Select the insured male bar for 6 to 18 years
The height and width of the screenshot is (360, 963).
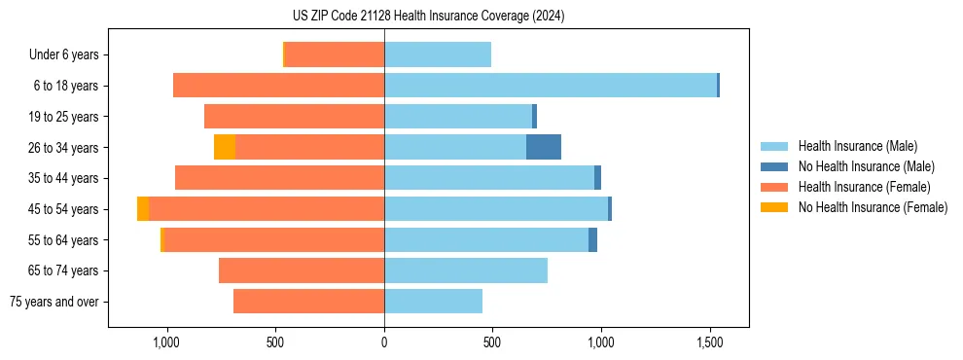tap(551, 86)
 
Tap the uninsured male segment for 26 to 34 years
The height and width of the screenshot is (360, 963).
tap(544, 147)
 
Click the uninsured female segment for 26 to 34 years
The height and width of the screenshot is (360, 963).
tap(225, 147)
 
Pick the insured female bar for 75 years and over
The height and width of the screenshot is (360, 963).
tap(309, 302)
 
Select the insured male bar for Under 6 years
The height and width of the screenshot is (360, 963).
tap(438, 54)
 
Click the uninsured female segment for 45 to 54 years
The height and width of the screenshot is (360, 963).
tap(143, 209)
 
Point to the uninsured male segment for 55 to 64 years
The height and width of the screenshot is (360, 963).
tap(592, 240)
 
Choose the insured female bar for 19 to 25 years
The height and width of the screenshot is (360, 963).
tap(295, 117)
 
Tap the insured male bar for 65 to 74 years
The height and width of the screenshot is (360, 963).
tap(466, 270)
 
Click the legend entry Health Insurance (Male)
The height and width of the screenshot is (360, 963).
tap(857, 146)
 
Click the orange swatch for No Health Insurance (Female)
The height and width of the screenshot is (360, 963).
tap(775, 207)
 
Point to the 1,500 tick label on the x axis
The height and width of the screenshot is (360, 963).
tap(709, 342)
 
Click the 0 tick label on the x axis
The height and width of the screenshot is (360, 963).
tap(384, 342)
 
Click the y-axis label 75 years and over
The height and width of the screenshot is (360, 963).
tap(53, 302)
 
